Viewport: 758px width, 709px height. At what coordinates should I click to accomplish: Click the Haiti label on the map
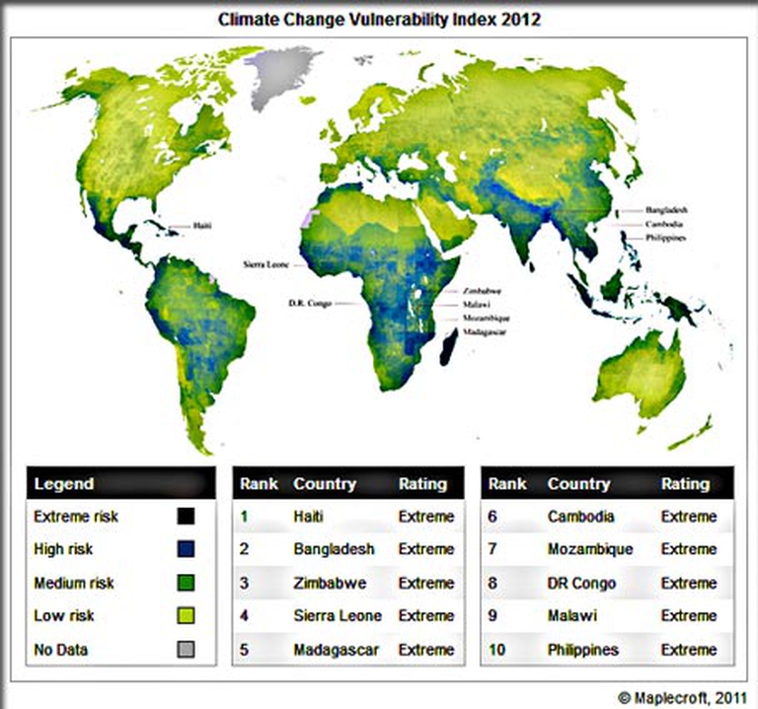202,226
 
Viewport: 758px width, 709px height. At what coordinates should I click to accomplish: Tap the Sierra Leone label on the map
265,265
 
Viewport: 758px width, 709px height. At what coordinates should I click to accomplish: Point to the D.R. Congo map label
308,303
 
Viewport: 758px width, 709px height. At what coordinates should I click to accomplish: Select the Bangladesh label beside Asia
666,210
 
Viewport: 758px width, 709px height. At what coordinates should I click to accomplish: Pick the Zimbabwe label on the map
482,291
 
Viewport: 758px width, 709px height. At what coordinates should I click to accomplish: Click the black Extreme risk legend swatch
187,516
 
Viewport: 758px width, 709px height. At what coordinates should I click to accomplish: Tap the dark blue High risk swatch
187,549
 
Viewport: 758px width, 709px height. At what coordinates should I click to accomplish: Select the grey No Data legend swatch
187,649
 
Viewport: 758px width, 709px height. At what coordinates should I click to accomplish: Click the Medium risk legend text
74,583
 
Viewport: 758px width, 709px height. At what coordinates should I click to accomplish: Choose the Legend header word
64,483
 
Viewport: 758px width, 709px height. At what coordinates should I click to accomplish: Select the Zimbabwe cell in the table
330,583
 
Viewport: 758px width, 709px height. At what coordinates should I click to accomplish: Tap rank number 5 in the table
245,650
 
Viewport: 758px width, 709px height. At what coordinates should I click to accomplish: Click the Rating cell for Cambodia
689,516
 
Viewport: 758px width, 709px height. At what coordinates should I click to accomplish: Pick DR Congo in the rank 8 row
580,583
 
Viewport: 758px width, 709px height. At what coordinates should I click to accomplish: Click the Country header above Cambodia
578,483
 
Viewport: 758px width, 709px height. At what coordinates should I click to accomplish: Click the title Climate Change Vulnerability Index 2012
380,19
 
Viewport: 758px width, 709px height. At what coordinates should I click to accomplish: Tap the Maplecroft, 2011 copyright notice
681,697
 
